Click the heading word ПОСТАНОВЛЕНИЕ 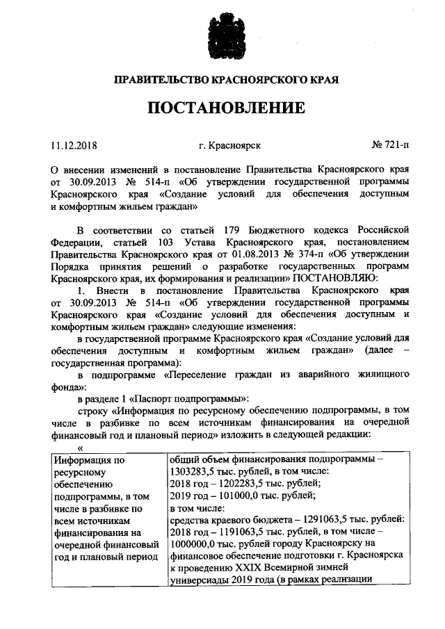(223, 108)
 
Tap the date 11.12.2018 (74, 146)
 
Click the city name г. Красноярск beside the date (229, 146)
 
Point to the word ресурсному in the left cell (81, 473)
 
